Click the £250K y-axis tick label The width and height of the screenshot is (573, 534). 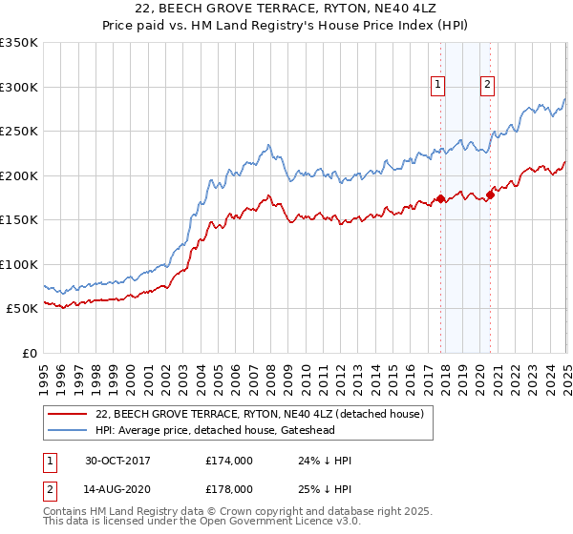tap(18, 131)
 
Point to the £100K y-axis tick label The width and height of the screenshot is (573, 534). tap(18, 264)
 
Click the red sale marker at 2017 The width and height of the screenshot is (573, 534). tap(441, 198)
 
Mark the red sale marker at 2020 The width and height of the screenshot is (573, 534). tap(490, 195)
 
